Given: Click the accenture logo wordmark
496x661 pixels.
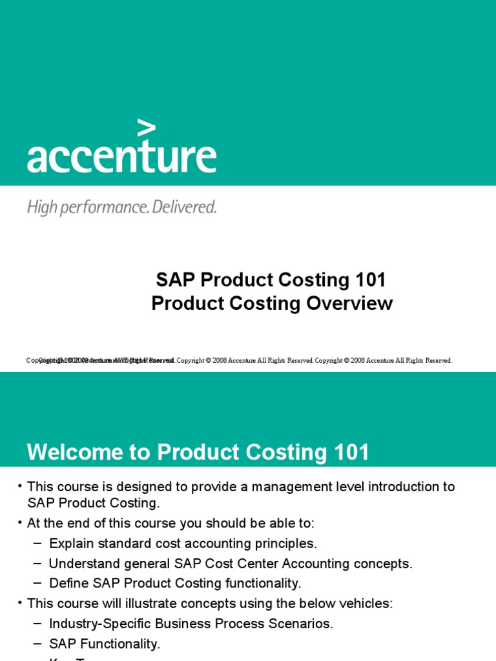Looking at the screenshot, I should tap(121, 157).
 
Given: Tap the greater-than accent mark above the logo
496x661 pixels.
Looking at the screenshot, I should tap(147, 128).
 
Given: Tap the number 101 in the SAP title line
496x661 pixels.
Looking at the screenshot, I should tap(370, 280).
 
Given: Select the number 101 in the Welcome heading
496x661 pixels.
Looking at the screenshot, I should tap(349, 453).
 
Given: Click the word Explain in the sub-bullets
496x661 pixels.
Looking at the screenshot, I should tap(70, 544).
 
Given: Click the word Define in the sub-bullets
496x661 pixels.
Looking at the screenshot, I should tap(68, 584).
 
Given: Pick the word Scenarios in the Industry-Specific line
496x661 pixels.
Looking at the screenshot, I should tap(304, 624).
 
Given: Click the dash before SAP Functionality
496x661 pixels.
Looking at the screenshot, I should tap(37, 644).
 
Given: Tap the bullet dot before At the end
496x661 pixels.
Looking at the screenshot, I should tap(20, 522).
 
